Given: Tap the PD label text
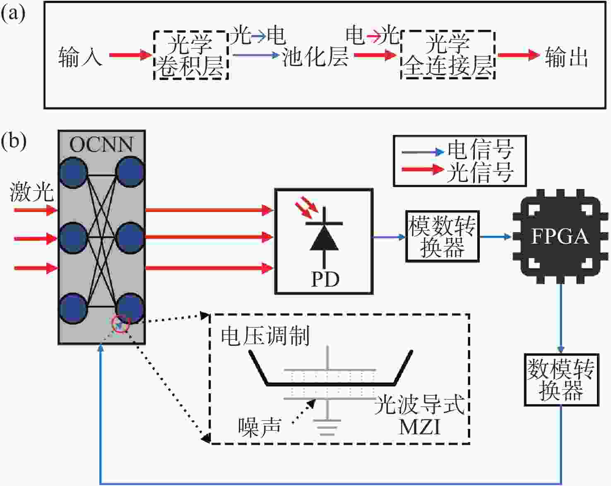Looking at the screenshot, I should [x=325, y=280].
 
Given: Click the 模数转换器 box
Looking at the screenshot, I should [x=442, y=237].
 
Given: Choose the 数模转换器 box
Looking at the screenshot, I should [x=561, y=380].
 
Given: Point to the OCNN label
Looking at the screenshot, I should [x=101, y=144].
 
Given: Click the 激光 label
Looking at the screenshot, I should [x=32, y=192].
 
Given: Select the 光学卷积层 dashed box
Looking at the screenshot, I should [x=191, y=55].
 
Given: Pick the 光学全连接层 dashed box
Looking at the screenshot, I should [x=448, y=55].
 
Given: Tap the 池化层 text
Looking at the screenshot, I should [x=315, y=56].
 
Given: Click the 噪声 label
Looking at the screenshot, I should [x=260, y=426].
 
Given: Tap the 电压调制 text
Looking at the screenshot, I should [x=265, y=336].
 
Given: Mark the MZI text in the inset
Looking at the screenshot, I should [x=419, y=427].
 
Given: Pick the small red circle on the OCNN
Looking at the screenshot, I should [x=121, y=324].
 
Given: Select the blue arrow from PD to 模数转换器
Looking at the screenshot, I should [x=389, y=237].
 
